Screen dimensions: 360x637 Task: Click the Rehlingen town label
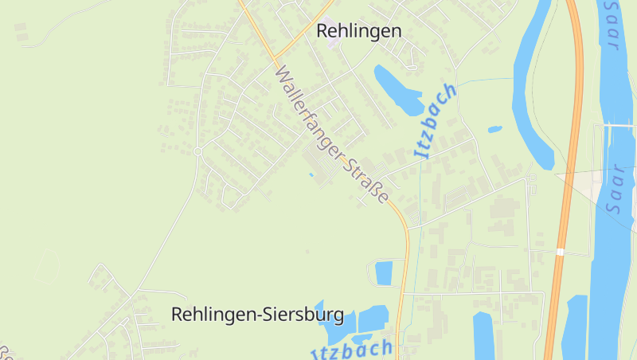click(x=359, y=31)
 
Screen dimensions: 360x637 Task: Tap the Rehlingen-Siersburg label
click(x=257, y=315)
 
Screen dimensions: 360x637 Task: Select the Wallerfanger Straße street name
click(x=332, y=135)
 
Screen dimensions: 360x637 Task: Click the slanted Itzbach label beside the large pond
click(x=436, y=120)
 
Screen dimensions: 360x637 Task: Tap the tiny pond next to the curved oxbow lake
click(x=494, y=129)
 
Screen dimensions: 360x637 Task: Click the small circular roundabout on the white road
click(x=197, y=151)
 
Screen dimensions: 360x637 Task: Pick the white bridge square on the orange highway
click(x=561, y=252)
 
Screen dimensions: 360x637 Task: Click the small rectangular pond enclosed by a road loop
click(x=384, y=273)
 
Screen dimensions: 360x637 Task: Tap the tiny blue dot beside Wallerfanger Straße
click(x=311, y=174)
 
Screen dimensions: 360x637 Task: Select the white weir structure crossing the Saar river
click(x=617, y=125)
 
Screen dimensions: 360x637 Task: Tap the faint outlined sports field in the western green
click(x=46, y=267)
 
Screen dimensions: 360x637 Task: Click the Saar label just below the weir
click(x=614, y=189)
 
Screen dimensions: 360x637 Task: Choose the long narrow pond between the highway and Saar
click(x=574, y=327)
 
